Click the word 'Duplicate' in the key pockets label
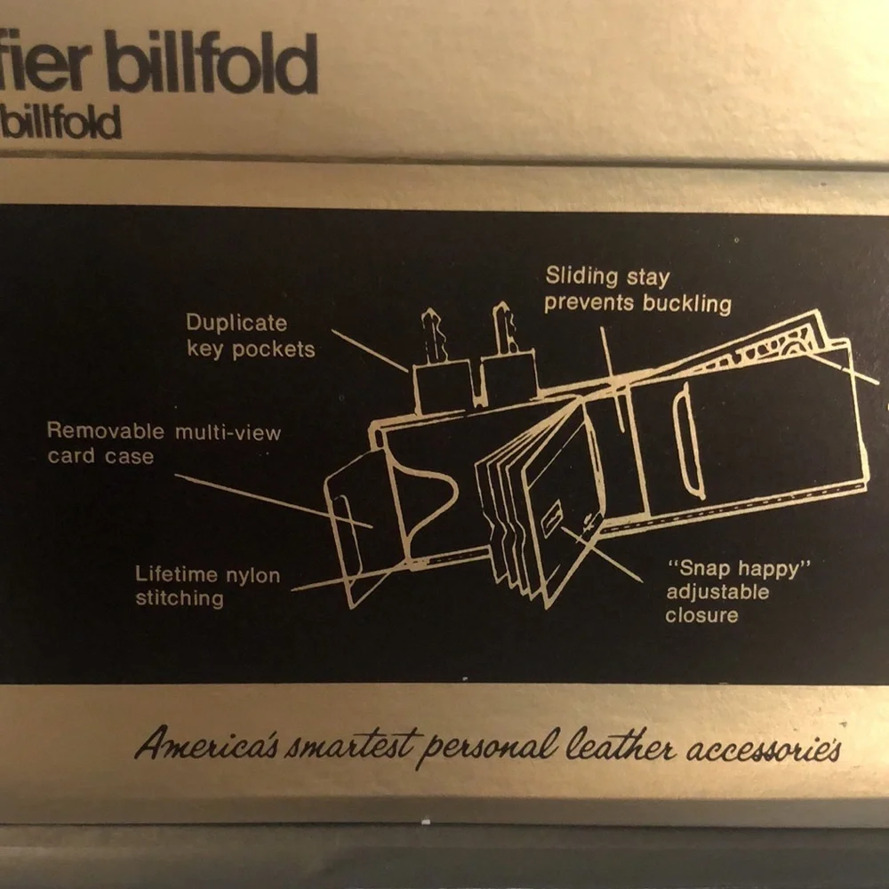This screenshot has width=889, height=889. pos(236,324)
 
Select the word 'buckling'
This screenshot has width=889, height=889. pos(686,304)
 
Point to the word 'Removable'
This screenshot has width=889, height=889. pos(106,430)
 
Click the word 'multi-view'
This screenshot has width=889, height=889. pos(228,433)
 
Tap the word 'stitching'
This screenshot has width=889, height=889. pos(180,598)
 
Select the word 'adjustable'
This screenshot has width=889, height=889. pos(717,592)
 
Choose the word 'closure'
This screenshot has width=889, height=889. pos(702,616)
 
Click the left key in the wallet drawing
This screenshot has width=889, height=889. pos(432,336)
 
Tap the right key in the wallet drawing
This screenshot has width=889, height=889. pos(504,329)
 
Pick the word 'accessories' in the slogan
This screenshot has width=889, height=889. pos(764,749)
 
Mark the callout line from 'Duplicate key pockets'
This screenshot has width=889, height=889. pos(370,351)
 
